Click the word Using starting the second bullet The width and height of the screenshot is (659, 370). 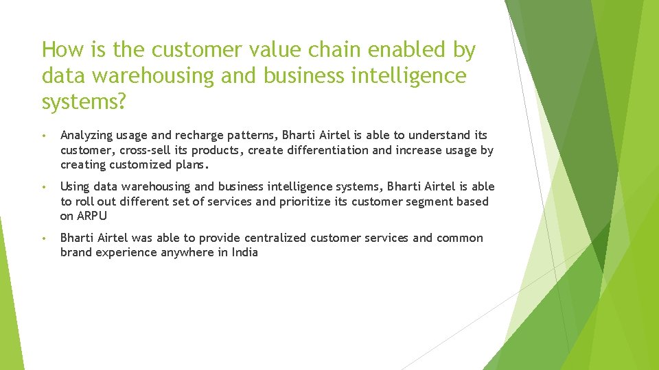75,187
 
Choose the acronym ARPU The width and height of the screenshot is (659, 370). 92,216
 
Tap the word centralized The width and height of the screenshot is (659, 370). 272,238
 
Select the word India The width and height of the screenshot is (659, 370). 244,252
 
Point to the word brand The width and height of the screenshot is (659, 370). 76,252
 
